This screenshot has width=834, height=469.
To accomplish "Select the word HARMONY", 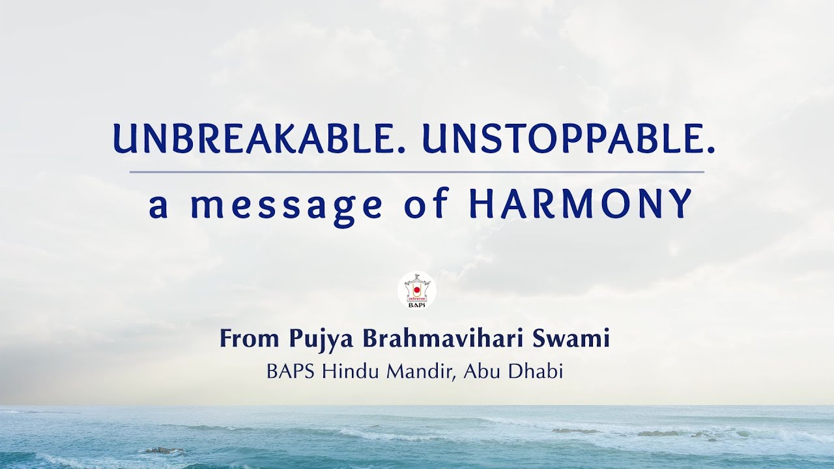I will coord(580,204).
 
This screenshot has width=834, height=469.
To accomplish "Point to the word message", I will coord(286,206).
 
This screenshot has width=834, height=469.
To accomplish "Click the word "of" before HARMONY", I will coord(426,204).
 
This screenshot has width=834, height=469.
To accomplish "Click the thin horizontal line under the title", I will coord(417,172).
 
